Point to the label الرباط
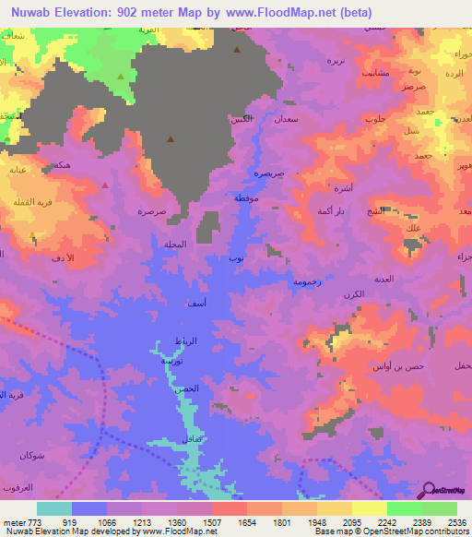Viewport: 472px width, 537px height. pos(186,341)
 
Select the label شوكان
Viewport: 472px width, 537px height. pos(31,456)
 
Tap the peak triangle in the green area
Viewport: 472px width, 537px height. pos(121,76)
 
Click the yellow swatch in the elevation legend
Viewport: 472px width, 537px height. pos(369,508)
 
